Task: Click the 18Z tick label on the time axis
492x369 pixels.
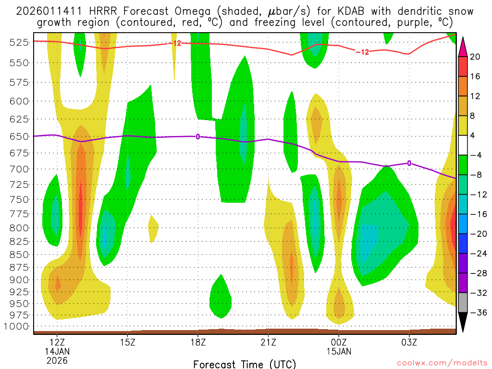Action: (198, 343)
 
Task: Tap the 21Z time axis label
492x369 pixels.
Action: (268, 343)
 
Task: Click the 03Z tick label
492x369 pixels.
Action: (409, 343)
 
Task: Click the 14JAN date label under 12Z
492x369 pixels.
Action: (57, 351)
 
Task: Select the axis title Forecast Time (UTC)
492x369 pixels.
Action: (245, 364)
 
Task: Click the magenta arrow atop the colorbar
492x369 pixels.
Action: (463, 46)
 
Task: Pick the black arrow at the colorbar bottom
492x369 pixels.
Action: (463, 322)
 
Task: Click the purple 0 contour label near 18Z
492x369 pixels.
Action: (197, 137)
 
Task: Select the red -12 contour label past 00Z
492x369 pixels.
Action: (362, 52)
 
